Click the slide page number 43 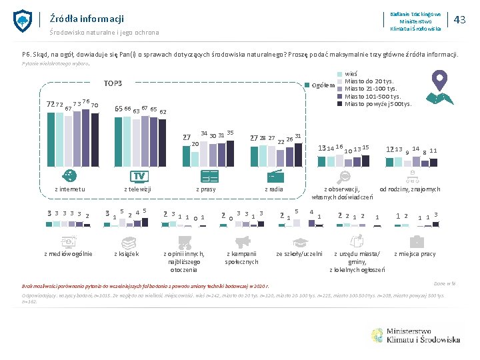[x=459, y=20]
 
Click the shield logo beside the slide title [x=23, y=21]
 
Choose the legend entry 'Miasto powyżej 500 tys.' [x=378, y=104]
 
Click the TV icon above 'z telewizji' [x=139, y=176]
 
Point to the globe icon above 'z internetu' [x=69, y=176]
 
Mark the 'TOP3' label [x=113, y=84]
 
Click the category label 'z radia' [x=275, y=189]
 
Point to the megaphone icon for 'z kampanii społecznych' [x=242, y=241]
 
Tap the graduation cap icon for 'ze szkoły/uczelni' [x=299, y=242]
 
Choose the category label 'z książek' [x=127, y=254]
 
